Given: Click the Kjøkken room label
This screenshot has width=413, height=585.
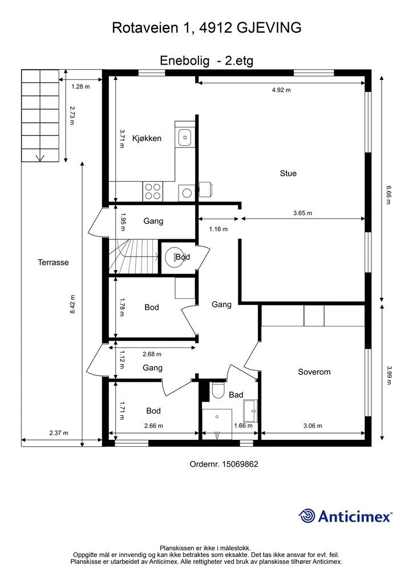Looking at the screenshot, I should pos(147,138).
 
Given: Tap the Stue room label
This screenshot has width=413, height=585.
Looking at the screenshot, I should pos(288,174).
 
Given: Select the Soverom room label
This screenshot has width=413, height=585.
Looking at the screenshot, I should pos(314,372).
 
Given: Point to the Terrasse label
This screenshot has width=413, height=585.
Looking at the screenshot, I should pos(53,263).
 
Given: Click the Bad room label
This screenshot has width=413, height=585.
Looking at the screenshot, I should pos(236,395).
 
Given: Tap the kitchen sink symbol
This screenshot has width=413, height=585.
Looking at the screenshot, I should pos(184,137).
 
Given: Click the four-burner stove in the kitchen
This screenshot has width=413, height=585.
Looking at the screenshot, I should pos(152,191).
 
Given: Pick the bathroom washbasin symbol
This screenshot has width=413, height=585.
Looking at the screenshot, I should pos(251,409).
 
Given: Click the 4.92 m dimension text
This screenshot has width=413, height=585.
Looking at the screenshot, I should pos(280,90).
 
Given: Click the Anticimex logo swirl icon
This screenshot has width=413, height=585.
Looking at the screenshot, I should pos(307,516).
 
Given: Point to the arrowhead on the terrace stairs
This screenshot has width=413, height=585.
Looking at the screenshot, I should pos(40,158).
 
